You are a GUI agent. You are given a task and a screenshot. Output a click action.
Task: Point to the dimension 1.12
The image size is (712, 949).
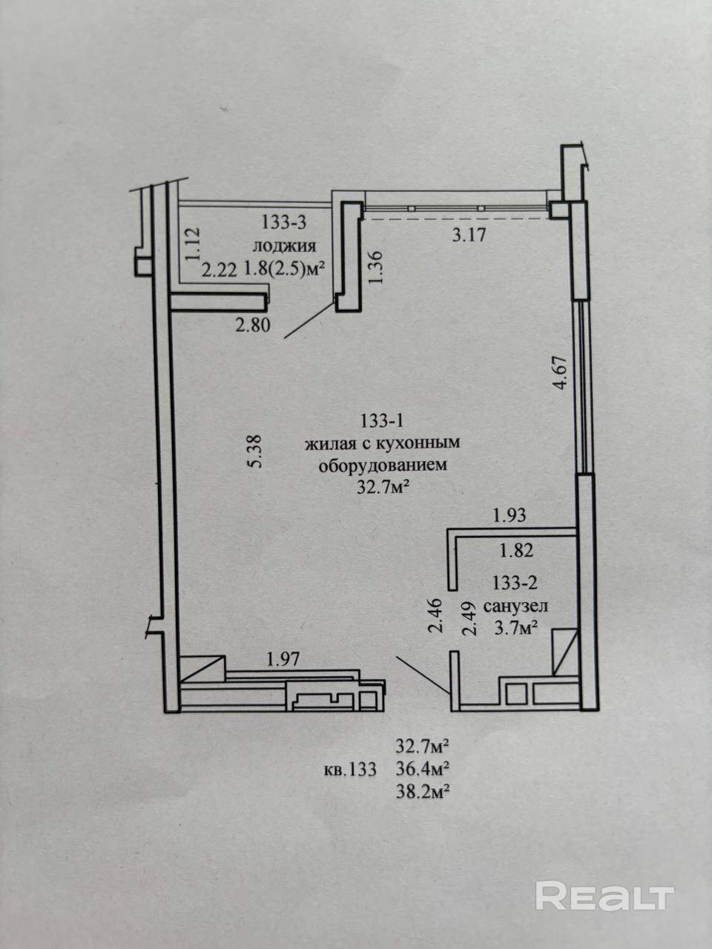click(x=192, y=243)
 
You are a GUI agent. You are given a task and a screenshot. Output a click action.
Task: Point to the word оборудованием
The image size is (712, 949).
click(x=383, y=466)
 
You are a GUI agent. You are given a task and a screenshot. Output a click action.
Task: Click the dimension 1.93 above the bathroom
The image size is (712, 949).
click(x=510, y=515)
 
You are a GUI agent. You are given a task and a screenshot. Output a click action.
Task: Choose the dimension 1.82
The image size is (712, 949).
click(x=517, y=551)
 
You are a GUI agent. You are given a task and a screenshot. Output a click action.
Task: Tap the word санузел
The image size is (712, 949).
click(x=515, y=606)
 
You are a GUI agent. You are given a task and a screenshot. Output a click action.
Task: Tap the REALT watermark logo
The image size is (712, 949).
click(x=604, y=896)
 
